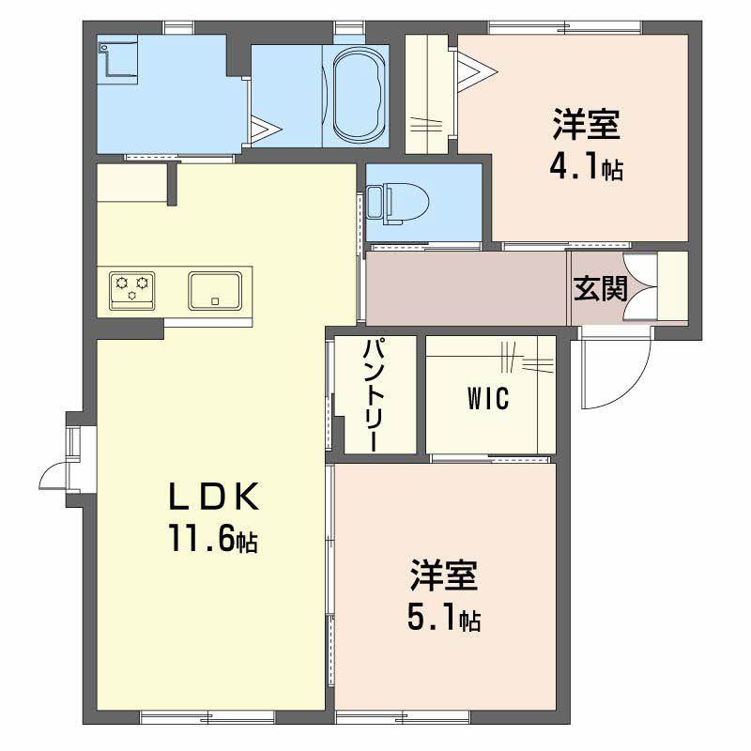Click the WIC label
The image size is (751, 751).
pos(485,399)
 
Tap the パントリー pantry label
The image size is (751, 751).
pos(373,394)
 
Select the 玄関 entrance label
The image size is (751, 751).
pos(600,288)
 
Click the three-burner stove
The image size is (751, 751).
pos(132,287)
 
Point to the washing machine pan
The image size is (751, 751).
pos(119,59)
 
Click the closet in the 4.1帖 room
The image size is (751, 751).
pos(430,94)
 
